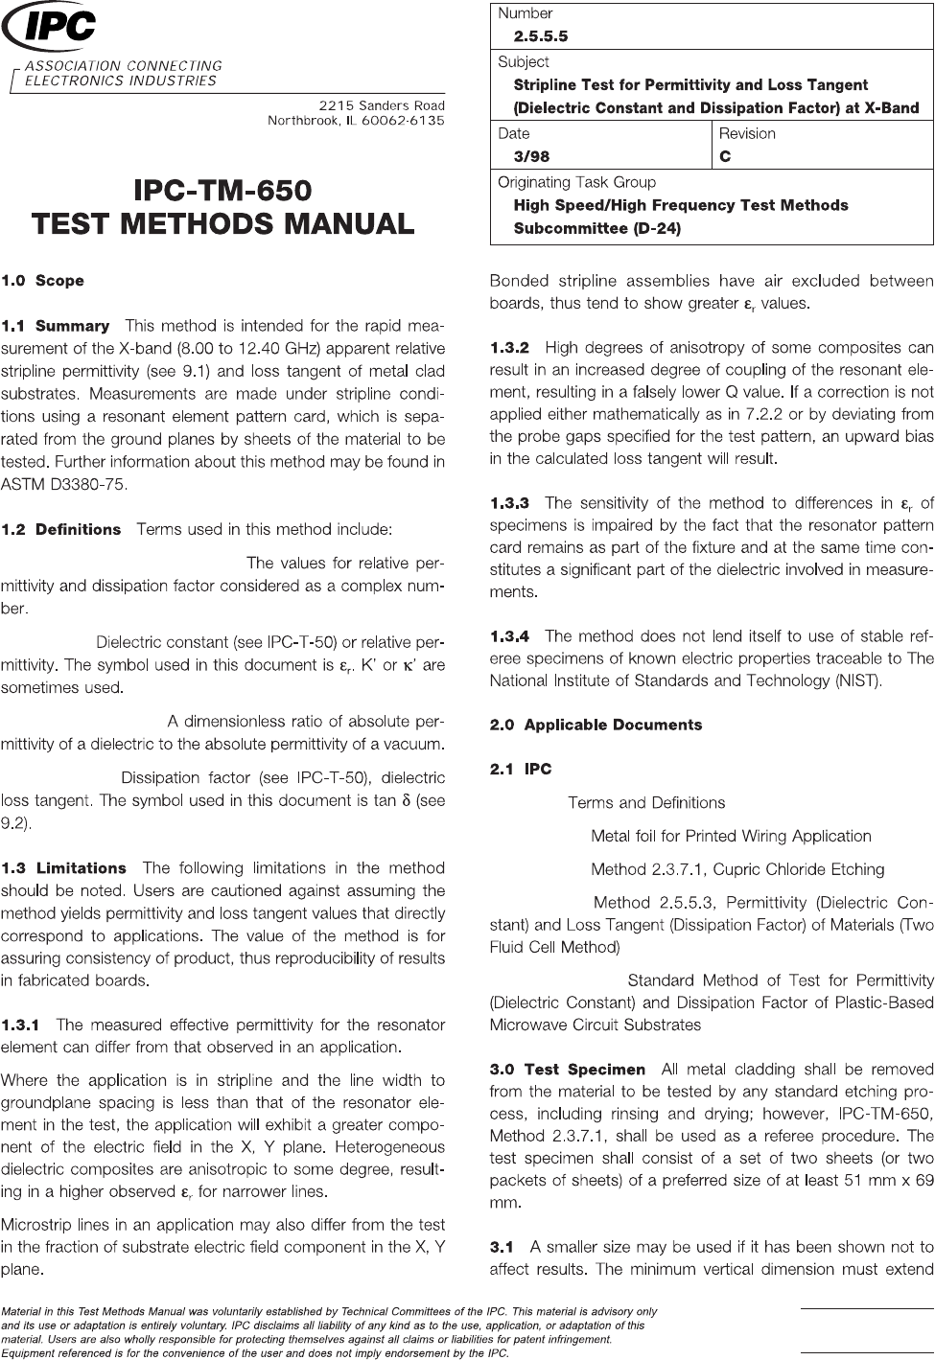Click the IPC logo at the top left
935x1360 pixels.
(x=50, y=28)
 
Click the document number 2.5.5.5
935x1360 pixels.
(x=541, y=36)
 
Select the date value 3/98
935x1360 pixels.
(x=531, y=156)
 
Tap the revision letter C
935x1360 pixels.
(x=725, y=156)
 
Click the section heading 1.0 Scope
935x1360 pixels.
(x=43, y=281)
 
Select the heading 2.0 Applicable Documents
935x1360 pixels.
(x=596, y=725)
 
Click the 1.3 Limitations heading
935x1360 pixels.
(x=64, y=868)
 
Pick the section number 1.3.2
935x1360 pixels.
(x=509, y=347)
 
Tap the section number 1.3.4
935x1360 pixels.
(x=509, y=635)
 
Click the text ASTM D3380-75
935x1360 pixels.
(x=63, y=484)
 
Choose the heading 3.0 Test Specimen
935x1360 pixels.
(x=567, y=1069)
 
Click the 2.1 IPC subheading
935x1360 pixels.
(x=521, y=769)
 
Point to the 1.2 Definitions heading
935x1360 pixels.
(x=61, y=529)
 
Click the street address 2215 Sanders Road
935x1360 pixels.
(x=382, y=104)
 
